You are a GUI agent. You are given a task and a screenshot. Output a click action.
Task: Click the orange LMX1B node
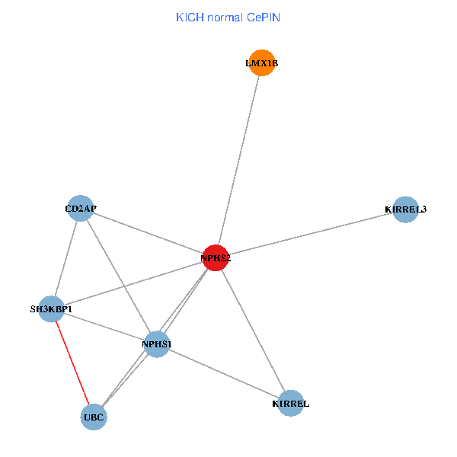coord(261,64)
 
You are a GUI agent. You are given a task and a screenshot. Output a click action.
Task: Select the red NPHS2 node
coord(216,258)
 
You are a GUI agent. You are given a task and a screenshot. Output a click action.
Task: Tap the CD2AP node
coord(81,208)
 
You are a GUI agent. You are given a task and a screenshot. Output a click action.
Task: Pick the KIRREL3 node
coord(406,209)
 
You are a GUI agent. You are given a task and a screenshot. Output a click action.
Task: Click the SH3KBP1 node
coord(51,309)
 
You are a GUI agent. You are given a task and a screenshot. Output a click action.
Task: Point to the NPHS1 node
coord(157,344)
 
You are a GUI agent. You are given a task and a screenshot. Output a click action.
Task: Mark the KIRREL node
coord(291,403)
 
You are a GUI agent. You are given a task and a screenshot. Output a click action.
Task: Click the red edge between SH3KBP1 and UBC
coord(72,363)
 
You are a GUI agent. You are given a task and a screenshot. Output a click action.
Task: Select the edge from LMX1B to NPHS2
coord(238,161)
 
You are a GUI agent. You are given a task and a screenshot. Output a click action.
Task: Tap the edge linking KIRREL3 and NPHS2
coord(311,234)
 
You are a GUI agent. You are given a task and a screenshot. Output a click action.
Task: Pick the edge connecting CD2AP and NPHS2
coord(148,233)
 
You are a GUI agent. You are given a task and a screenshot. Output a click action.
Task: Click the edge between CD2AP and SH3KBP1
coord(66,259)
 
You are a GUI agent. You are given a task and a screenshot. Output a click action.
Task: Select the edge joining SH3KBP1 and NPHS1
coord(104,327)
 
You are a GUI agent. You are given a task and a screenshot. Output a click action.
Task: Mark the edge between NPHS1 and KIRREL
coord(224,373)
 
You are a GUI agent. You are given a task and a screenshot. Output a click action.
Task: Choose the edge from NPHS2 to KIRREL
coord(253,331)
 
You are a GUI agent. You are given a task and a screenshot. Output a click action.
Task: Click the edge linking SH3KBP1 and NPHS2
coord(133,283)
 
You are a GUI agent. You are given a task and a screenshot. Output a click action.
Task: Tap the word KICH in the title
coord(188,17)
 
